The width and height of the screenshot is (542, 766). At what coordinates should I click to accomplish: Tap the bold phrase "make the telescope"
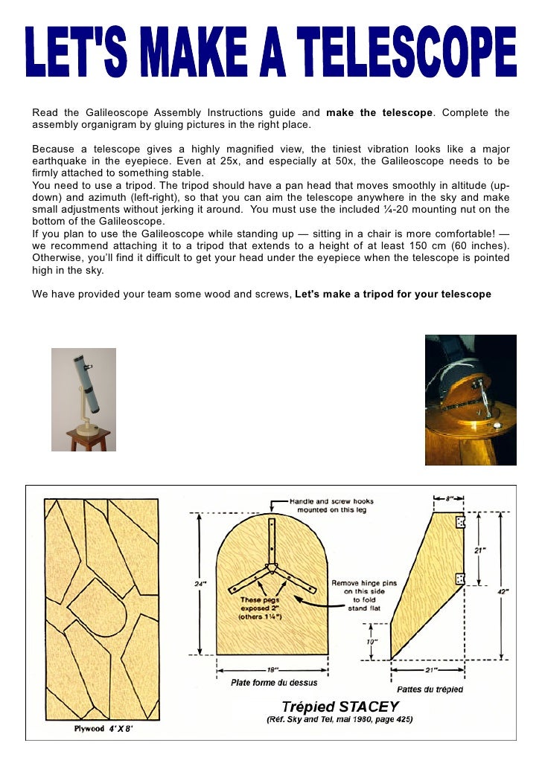[379, 113]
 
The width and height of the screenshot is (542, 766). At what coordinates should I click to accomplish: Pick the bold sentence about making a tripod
[393, 294]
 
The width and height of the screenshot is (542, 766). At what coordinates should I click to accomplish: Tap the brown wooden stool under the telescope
[89, 441]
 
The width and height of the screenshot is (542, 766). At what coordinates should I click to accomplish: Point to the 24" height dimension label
[200, 584]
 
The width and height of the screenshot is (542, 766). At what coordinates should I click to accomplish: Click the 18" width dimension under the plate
[272, 669]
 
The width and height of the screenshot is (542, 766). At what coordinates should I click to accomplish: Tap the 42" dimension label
[503, 591]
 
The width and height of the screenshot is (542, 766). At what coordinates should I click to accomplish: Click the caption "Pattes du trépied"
[430, 689]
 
